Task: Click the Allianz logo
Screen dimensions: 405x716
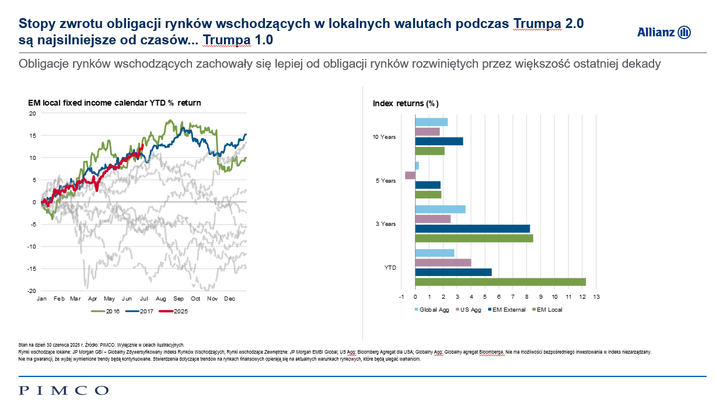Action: [x=663, y=32]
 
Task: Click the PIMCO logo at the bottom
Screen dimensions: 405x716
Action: [x=64, y=390]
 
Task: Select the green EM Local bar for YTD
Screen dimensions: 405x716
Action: [x=500, y=282]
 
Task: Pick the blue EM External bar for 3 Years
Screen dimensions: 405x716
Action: [x=472, y=228]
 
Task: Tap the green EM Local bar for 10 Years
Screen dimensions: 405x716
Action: [x=429, y=151]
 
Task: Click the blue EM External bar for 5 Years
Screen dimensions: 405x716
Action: [x=428, y=185]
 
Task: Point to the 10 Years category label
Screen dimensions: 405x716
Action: [x=384, y=137]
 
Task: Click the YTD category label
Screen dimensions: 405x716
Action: [x=390, y=267]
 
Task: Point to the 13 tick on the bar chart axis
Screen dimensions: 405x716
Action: [x=596, y=297]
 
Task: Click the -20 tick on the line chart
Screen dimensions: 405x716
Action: [x=33, y=291]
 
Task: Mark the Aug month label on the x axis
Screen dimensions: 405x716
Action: [x=162, y=299]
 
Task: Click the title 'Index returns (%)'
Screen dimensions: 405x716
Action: [x=406, y=103]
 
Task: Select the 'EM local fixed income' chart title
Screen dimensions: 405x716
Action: [x=114, y=103]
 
